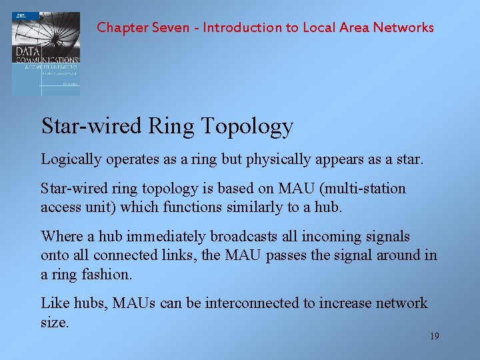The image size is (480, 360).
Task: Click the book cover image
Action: (45, 53)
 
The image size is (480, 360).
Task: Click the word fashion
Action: (107, 274)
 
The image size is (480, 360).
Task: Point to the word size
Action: (54, 322)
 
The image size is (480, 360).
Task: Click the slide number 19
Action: (434, 336)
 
